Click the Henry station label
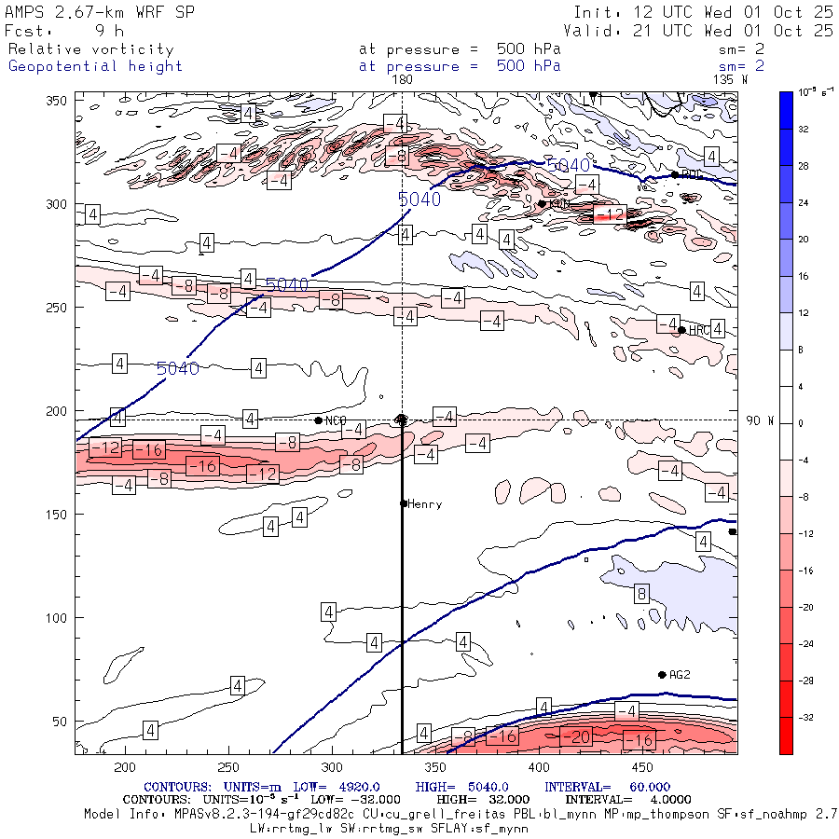tap(425, 504)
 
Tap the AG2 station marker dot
tap(662, 675)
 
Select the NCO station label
tap(336, 421)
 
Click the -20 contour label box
tap(580, 737)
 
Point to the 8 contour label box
tap(641, 594)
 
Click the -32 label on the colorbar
tap(800, 717)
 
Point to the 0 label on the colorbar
tap(800, 423)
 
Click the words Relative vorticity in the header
tap(90, 49)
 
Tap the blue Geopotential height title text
tap(95, 66)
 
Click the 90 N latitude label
tap(760, 420)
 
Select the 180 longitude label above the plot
tap(402, 80)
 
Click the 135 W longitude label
tap(729, 80)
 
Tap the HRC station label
tap(700, 330)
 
